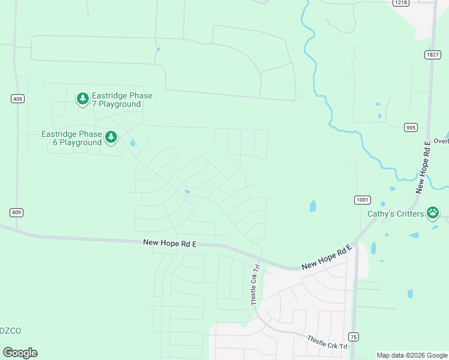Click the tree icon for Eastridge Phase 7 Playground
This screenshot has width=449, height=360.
click(x=82, y=98)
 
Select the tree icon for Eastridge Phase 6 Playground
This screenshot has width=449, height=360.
click(x=111, y=137)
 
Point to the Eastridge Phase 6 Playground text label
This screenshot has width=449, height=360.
click(x=71, y=139)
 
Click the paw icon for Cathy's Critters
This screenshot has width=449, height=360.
click(x=433, y=212)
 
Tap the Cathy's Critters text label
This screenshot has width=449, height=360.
click(x=396, y=214)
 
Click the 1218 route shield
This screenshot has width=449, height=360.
click(x=400, y=3)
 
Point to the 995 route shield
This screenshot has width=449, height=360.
click(x=411, y=127)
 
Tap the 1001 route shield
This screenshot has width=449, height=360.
click(x=362, y=199)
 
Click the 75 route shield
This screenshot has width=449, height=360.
click(x=354, y=337)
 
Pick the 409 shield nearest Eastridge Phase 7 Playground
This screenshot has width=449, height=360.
click(x=17, y=98)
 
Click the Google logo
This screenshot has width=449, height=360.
click(x=20, y=353)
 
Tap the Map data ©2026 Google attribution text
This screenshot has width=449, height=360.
click(x=412, y=355)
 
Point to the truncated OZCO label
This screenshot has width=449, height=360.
click(x=11, y=331)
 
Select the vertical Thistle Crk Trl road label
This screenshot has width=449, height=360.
click(x=255, y=286)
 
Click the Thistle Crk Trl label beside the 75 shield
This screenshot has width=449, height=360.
click(x=327, y=343)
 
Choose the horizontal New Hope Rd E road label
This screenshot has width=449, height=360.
click(x=170, y=243)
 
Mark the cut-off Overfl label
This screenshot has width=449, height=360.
click(x=441, y=142)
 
